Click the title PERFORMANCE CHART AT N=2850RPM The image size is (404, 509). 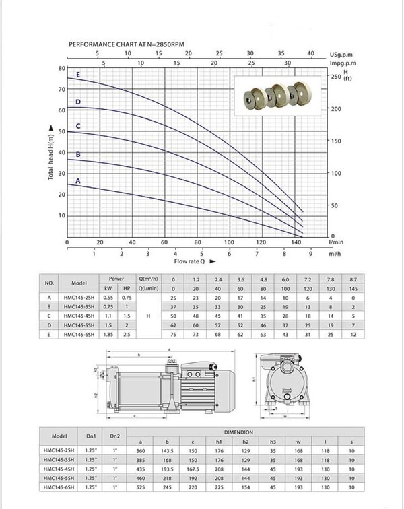pos(127,44)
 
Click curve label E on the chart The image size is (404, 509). pos(78,75)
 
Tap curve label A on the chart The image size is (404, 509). pos(78,181)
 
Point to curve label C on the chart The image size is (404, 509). pos(78,126)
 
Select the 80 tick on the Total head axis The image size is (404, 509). pos(61,69)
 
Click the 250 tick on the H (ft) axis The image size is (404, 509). pos(337,77)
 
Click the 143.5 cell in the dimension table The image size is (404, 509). pos(167,451)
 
